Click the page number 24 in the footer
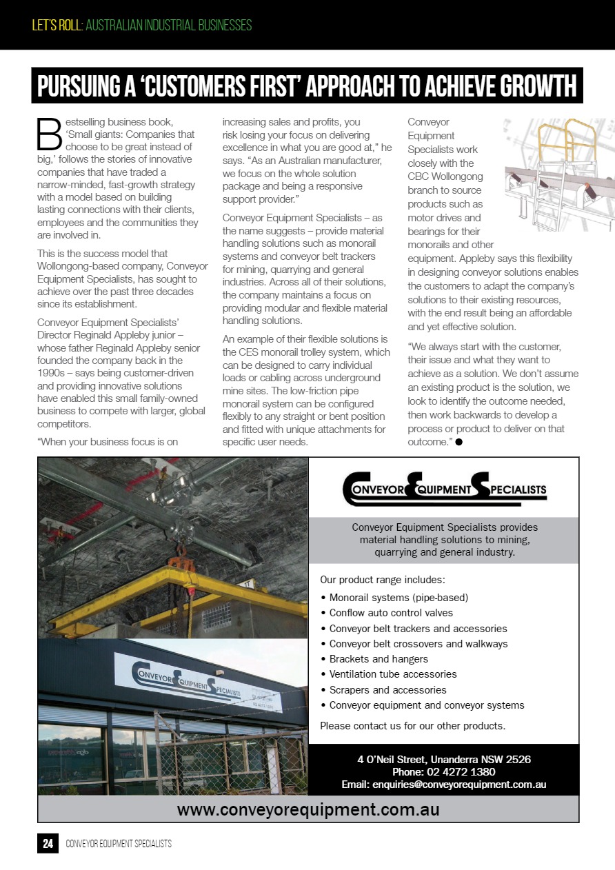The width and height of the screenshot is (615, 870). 48,844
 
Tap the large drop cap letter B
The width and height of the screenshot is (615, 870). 50,134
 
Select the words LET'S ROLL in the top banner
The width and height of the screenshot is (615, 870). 57,26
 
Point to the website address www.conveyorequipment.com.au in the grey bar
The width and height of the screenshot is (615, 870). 308,809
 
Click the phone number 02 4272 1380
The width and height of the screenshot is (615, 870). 444,772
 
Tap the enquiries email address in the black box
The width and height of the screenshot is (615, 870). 444,785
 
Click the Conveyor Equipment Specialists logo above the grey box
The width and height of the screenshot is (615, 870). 444,489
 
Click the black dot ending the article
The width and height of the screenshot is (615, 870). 458,442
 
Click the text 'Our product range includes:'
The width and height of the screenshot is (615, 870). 383,579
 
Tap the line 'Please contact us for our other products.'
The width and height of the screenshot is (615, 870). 413,725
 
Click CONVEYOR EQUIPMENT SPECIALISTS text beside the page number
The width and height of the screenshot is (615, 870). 119,844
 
